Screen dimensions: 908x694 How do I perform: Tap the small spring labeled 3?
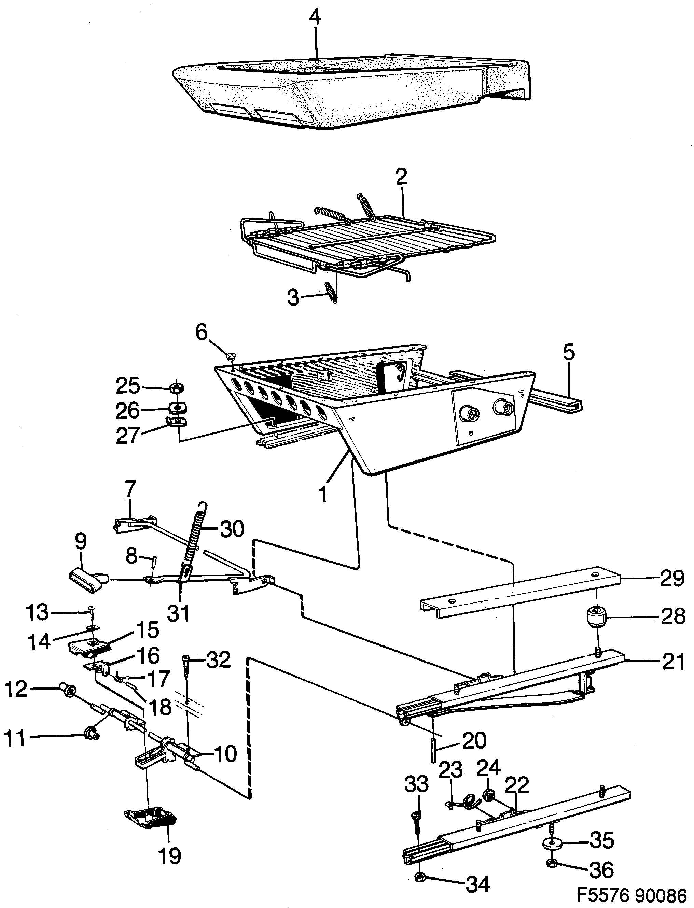pos(331,293)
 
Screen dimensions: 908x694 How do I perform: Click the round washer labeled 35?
pos(549,842)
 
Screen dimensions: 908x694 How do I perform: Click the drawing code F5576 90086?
pos(631,896)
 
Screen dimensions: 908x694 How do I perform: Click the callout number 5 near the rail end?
pos(568,353)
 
